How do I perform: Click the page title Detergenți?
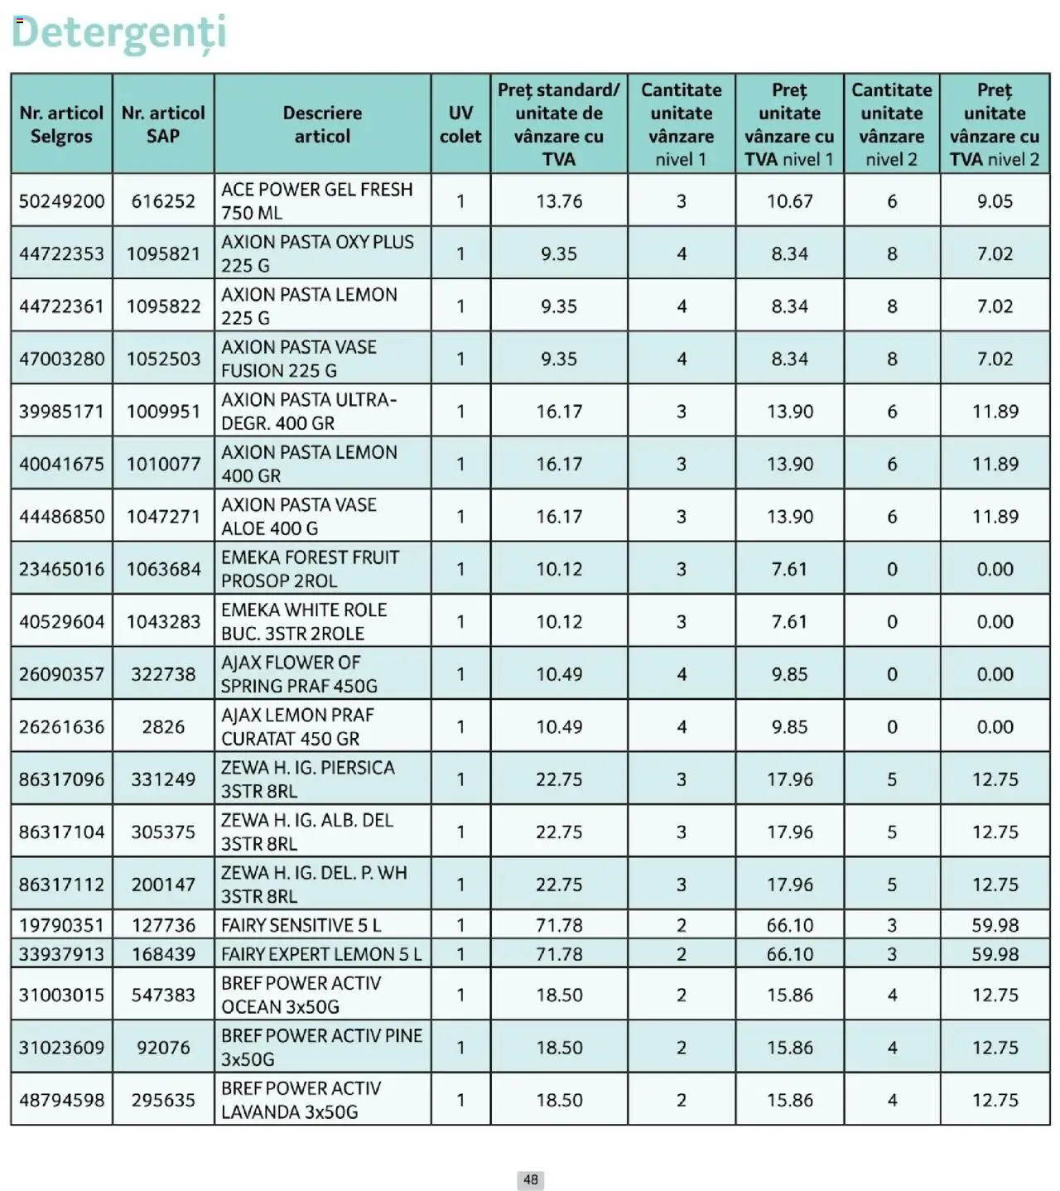pyautogui.click(x=118, y=33)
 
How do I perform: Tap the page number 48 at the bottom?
pyautogui.click(x=530, y=1179)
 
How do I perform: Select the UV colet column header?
pyautogui.click(x=460, y=124)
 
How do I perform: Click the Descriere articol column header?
pyautogui.click(x=322, y=124)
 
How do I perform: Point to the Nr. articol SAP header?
pyautogui.click(x=163, y=124)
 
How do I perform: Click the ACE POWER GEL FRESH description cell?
pyautogui.click(x=317, y=200)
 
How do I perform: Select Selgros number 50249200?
pyautogui.click(x=62, y=201)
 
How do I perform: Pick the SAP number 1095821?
pyautogui.click(x=163, y=253)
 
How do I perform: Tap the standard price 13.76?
pyautogui.click(x=559, y=201)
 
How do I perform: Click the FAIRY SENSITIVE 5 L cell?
pyautogui.click(x=301, y=925)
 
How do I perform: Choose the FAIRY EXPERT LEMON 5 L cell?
pyautogui.click(x=320, y=954)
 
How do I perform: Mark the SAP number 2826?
pyautogui.click(x=163, y=726)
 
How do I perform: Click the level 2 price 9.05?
pyautogui.click(x=995, y=201)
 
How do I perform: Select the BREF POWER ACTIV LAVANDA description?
pyautogui.click(x=301, y=1100)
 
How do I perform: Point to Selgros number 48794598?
pyautogui.click(x=62, y=1100)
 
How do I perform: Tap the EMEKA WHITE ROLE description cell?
pyautogui.click(x=304, y=621)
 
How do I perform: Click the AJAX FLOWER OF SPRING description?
pyautogui.click(x=299, y=674)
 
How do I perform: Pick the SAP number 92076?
pyautogui.click(x=163, y=1048)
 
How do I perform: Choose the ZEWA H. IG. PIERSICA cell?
pyautogui.click(x=307, y=779)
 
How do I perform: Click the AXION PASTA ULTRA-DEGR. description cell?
pyautogui.click(x=309, y=411)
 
